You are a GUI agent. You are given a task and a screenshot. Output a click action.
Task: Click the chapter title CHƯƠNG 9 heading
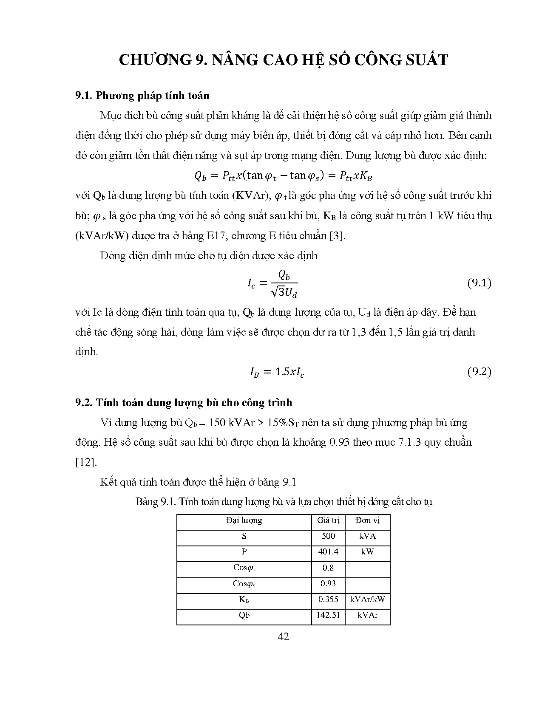pos(283,60)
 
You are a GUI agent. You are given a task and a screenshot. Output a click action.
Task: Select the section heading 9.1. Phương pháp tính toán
pos(142,95)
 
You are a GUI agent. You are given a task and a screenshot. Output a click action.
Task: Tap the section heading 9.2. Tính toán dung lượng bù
pos(184,402)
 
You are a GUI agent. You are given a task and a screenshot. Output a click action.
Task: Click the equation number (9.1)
pos(479,283)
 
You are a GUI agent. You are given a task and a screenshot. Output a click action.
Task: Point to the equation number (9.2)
pos(479,372)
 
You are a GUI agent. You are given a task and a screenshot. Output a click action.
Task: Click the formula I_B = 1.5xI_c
pos(277,373)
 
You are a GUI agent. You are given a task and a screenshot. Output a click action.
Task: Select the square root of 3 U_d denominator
pos(284,292)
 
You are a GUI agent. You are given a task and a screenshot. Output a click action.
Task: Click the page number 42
pos(283,636)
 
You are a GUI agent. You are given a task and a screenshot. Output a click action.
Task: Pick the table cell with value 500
pos(328,536)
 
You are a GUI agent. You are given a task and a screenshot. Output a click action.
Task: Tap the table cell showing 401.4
pos(328,552)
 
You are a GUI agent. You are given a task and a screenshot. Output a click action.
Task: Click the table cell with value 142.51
pos(328,615)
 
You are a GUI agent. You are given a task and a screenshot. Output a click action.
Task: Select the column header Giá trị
pos(328,520)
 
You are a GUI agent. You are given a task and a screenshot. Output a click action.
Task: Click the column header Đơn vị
pos(367,520)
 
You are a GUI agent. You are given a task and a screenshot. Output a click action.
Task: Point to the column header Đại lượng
pos(244,520)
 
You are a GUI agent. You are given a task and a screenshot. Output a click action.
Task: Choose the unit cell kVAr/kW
pos(367,599)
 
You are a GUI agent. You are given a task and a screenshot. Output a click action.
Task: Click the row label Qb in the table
pos(244,615)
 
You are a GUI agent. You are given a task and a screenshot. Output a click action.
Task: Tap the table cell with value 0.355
pos(328,599)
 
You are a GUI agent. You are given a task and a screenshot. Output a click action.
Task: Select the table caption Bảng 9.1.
pos(283,502)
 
